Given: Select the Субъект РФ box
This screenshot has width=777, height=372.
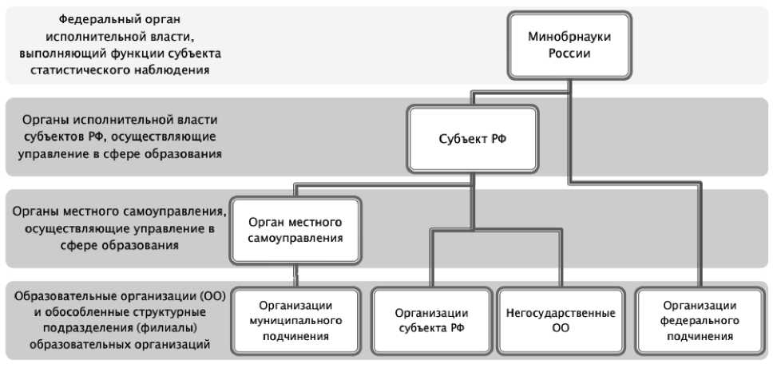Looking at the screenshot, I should (473, 140).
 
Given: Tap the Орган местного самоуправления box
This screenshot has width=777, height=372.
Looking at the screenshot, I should (295, 229).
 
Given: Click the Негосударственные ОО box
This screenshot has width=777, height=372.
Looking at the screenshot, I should (561, 321).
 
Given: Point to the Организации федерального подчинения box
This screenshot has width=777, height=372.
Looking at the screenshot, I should (698, 321).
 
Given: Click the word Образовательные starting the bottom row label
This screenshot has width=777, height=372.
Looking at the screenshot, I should (61, 296).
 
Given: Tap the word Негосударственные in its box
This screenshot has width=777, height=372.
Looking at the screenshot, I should (561, 313).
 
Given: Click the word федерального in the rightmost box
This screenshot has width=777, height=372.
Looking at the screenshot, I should (698, 321).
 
